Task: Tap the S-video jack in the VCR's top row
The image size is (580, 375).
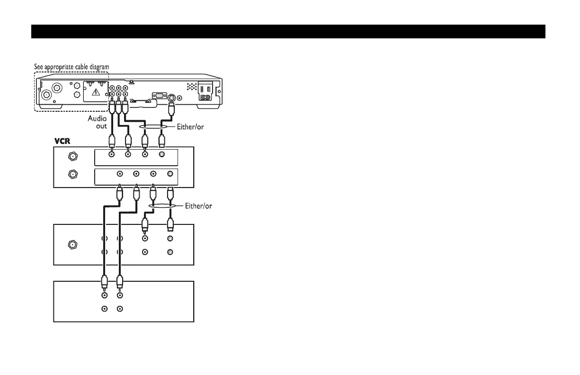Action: (161, 155)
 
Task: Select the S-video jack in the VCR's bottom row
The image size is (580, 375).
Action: (170, 174)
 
